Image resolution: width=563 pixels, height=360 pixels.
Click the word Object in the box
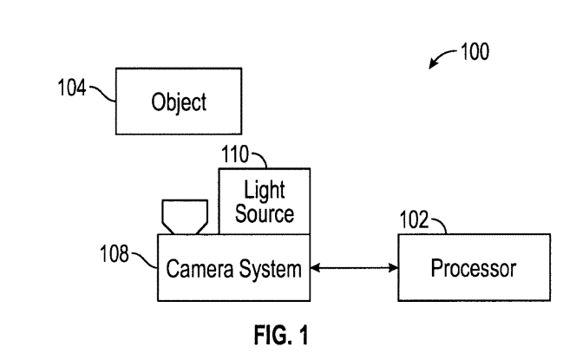180,104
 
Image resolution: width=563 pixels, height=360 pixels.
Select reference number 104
73,89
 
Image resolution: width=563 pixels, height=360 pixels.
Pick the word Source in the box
264,213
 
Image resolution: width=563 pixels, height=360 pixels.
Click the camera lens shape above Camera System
183,216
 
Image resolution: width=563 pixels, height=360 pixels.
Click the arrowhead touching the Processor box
392,268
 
